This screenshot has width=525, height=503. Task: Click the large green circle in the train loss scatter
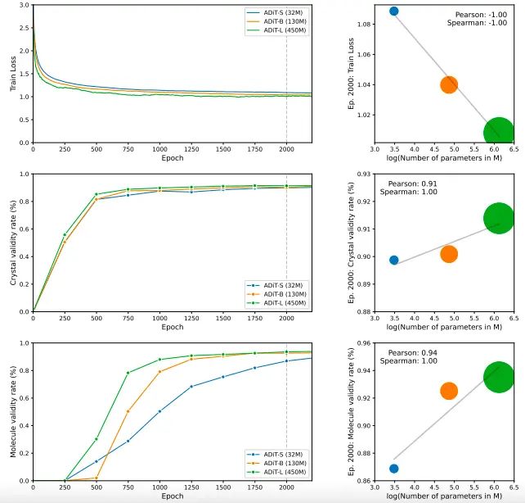click(x=498, y=132)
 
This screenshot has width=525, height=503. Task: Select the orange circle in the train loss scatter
click(x=448, y=84)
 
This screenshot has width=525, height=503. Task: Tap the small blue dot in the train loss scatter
click(x=393, y=11)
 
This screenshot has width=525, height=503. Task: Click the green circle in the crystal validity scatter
click(x=498, y=218)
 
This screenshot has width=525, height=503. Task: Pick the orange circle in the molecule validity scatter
click(x=448, y=391)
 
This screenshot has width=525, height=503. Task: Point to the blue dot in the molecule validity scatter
click(x=393, y=469)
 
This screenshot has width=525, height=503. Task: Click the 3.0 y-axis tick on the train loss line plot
click(x=24, y=6)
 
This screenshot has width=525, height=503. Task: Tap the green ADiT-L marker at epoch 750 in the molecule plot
click(x=128, y=373)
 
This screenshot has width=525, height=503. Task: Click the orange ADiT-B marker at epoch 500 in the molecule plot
click(x=96, y=478)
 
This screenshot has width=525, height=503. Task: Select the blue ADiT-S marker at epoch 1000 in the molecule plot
click(x=159, y=411)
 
